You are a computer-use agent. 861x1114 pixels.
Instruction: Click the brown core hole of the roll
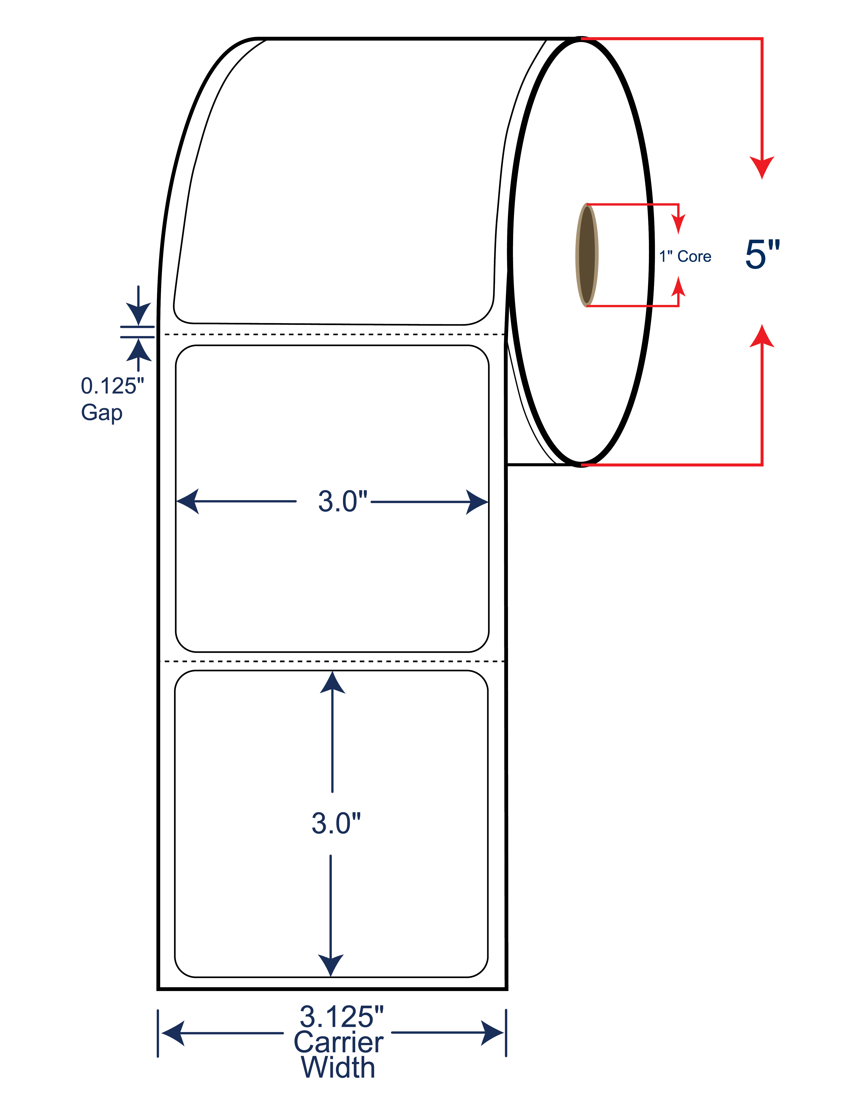click(586, 255)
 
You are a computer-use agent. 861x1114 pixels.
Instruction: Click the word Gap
click(101, 412)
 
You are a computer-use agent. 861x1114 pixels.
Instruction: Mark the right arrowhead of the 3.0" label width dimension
click(478, 502)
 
